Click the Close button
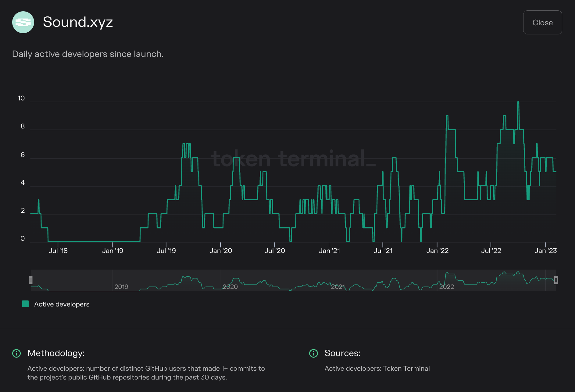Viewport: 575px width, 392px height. (x=542, y=23)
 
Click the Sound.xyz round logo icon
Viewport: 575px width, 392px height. (x=23, y=22)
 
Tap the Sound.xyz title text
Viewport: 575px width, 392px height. (x=78, y=22)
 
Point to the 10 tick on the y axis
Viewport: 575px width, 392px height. (x=21, y=98)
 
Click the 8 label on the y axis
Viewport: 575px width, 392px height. (x=23, y=126)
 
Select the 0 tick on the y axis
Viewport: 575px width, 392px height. (x=23, y=239)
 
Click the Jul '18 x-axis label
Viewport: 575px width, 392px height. (x=58, y=251)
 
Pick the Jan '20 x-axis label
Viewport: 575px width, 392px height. (x=221, y=251)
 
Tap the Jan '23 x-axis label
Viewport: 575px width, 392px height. (x=545, y=251)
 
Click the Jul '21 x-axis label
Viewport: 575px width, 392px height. (x=383, y=251)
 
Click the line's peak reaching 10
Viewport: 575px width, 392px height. (x=518, y=102)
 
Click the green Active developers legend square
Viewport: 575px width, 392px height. (x=26, y=304)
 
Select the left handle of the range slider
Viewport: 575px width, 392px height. (x=30, y=280)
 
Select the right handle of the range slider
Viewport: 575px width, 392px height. (x=556, y=280)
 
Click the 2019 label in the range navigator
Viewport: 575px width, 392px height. (x=121, y=287)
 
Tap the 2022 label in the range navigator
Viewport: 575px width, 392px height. (x=447, y=287)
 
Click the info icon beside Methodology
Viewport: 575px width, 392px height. (x=16, y=353)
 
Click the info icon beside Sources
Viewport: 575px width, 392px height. (x=313, y=353)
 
